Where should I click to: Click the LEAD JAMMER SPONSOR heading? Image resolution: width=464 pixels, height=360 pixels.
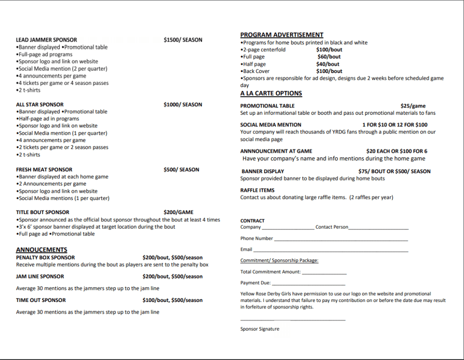pyautogui.click(x=46, y=40)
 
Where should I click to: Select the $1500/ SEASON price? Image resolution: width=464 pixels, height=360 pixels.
pyautogui.click(x=183, y=40)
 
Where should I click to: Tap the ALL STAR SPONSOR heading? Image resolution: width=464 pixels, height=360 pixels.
pyautogui.click(x=39, y=104)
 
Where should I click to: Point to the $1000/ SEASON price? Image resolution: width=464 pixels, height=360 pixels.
pyautogui.click(x=183, y=104)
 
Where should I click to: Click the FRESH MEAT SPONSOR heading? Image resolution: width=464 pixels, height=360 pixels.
pyautogui.click(x=44, y=170)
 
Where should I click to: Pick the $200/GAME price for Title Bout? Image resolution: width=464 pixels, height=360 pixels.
pyautogui.click(x=178, y=212)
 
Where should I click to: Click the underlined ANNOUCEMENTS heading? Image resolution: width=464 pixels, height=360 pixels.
pyautogui.click(x=41, y=250)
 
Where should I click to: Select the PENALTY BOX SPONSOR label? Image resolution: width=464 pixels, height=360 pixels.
pyautogui.click(x=45, y=258)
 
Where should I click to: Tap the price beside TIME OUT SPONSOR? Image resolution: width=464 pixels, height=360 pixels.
pyautogui.click(x=172, y=300)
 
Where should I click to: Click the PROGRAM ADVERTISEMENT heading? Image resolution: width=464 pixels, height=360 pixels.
pyautogui.click(x=281, y=35)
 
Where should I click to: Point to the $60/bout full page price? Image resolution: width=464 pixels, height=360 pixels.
pyautogui.click(x=329, y=57)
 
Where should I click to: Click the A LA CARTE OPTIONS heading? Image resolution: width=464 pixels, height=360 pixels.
pyautogui.click(x=271, y=93)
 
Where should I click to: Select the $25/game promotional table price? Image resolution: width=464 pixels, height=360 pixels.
pyautogui.click(x=413, y=106)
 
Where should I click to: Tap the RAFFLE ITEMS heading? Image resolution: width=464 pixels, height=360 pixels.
pyautogui.click(x=257, y=190)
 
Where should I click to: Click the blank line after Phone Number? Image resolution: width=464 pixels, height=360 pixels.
pyautogui.click(x=341, y=239)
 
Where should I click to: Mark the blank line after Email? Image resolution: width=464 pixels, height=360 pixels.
pyautogui.click(x=331, y=251)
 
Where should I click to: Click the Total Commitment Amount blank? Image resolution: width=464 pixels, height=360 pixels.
pyautogui.click(x=324, y=273)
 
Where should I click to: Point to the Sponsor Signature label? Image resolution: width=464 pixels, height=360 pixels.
pyautogui.click(x=260, y=329)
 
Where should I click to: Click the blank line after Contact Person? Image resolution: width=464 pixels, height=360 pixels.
pyautogui.click(x=378, y=229)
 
